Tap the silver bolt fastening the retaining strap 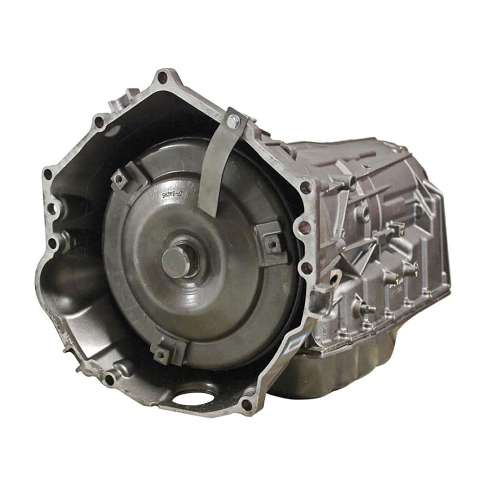pos(232,121)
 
